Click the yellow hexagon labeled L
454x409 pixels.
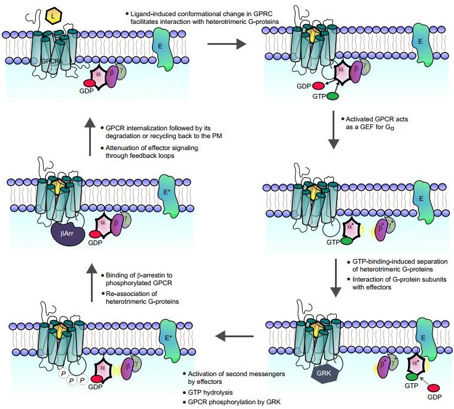click(x=53, y=13)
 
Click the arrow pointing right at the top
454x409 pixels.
click(x=227, y=43)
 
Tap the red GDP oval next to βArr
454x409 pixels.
click(x=96, y=234)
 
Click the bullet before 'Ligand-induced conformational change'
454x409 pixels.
click(x=127, y=13)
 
